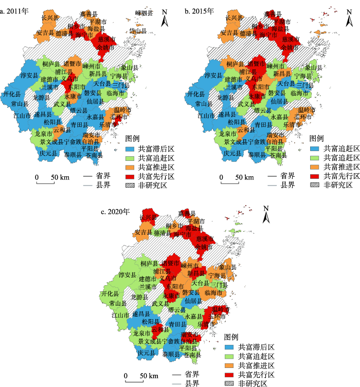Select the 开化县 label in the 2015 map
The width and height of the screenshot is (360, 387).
tap(197, 95)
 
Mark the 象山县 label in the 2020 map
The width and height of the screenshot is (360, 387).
tap(229, 268)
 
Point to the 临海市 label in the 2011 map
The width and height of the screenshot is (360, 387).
tap(116, 93)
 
